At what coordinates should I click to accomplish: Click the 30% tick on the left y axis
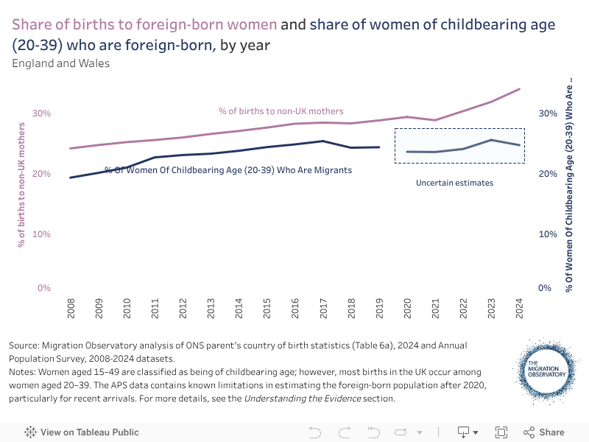(x=41, y=113)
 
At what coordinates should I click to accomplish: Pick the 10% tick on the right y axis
(x=548, y=234)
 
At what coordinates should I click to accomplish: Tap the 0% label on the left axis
(x=44, y=288)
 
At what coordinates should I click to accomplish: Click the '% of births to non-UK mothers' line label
(x=281, y=111)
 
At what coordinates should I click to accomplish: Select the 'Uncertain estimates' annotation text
(x=454, y=183)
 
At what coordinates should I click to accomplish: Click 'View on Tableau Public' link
(x=82, y=432)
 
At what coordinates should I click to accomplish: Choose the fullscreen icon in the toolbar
(x=501, y=432)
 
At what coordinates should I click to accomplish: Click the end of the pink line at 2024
(x=519, y=89)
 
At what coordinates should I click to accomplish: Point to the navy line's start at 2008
(x=71, y=178)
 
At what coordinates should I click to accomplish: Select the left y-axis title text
(x=21, y=189)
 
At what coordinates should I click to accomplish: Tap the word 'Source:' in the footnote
(x=26, y=345)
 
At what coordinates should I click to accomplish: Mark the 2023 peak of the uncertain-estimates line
(x=491, y=140)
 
